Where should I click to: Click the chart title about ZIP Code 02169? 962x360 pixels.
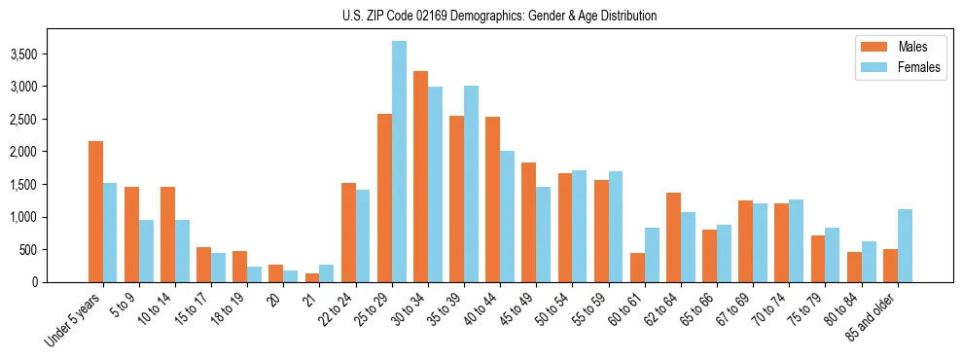499,16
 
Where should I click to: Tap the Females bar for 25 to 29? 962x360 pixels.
399,162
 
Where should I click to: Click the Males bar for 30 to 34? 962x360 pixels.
420,176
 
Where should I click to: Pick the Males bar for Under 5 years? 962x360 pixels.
95,211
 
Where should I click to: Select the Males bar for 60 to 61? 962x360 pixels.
637,268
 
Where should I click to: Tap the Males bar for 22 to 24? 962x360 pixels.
348,233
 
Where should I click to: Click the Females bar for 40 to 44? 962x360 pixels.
507,216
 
